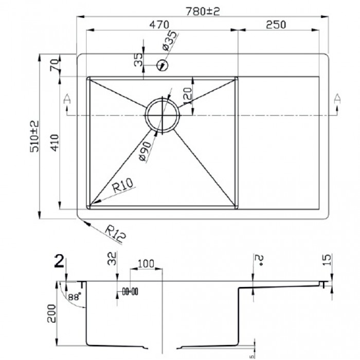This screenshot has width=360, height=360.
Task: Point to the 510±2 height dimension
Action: coord(33,135)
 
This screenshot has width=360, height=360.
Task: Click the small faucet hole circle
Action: coord(163,65)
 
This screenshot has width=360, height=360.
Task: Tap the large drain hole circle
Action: coord(162,115)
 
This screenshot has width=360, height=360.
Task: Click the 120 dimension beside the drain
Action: coord(187,95)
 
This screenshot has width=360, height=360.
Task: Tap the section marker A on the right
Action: coord(337,99)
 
